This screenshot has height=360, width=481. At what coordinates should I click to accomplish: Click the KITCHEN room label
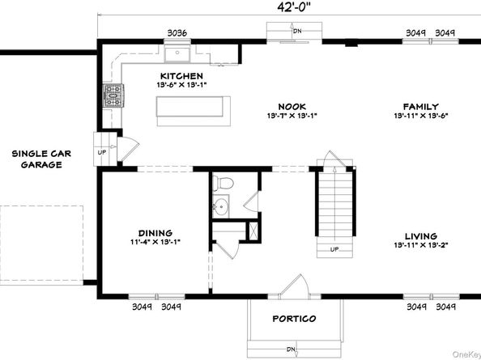click(x=181, y=76)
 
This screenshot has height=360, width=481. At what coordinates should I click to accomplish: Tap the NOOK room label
click(x=292, y=107)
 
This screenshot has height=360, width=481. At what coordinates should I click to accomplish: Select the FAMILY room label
click(x=421, y=107)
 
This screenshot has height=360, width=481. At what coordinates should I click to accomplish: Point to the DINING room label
click(x=155, y=233)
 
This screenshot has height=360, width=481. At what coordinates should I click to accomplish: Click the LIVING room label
click(x=421, y=236)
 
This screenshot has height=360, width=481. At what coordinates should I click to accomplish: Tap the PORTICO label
click(x=294, y=319)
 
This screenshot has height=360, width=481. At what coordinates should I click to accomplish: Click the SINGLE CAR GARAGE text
click(x=41, y=159)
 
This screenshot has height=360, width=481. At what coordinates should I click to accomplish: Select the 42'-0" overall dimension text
click(x=292, y=7)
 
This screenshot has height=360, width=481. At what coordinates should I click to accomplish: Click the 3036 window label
click(x=177, y=33)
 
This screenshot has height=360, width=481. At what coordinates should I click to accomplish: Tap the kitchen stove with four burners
click(x=113, y=95)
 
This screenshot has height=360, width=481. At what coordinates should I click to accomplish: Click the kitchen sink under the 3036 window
click(x=177, y=53)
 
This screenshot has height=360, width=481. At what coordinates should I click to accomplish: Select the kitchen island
click(x=194, y=111)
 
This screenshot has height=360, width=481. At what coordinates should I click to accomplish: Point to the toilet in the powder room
click(x=223, y=183)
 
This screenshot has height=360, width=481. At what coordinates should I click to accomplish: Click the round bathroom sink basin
click(x=220, y=206)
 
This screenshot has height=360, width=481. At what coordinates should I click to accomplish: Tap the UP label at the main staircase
click(x=334, y=249)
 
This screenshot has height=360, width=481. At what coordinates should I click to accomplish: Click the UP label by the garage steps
click(x=102, y=152)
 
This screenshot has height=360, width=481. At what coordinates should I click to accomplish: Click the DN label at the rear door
click(x=297, y=31)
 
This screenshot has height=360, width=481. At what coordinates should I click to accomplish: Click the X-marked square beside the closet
click(x=253, y=230)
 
